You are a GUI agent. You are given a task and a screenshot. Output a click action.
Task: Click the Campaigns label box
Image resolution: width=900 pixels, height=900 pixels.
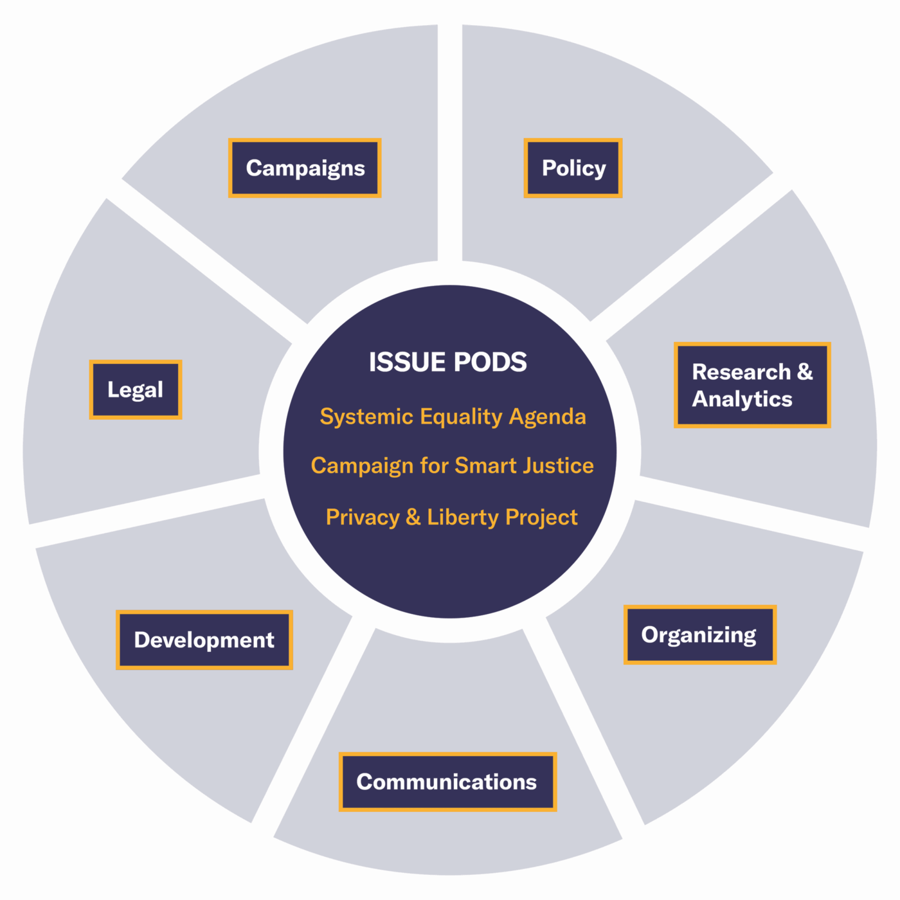(x=305, y=168)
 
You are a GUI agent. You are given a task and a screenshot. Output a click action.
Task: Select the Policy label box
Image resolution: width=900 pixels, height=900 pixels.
(x=573, y=168)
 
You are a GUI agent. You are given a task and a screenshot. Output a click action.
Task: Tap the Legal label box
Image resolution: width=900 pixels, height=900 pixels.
(x=136, y=390)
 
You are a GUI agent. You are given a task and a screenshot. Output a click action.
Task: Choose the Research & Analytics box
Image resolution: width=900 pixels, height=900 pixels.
(x=752, y=385)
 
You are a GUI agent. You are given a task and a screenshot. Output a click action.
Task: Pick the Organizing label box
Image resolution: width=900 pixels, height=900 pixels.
(x=699, y=634)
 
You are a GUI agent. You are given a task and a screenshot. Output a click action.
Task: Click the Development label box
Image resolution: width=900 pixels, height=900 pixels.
(x=204, y=640)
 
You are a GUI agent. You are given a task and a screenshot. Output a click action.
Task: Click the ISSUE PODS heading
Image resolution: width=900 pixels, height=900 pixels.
(x=447, y=362)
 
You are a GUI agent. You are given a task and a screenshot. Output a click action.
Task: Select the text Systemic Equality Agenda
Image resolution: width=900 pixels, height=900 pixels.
(x=453, y=417)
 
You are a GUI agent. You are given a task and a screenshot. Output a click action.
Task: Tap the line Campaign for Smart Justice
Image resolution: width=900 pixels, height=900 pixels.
(x=452, y=465)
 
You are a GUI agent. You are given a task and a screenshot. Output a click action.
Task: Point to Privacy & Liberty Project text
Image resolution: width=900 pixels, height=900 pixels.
(x=452, y=517)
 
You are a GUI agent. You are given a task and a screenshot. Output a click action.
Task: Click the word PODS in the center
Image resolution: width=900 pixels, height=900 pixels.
(x=490, y=362)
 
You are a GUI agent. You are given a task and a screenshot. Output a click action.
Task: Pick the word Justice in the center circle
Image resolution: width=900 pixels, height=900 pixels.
(x=558, y=465)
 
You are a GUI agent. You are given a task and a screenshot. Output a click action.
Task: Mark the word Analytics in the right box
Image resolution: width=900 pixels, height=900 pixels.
(x=742, y=399)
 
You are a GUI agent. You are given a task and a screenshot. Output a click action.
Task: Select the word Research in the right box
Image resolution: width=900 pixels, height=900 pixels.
(x=741, y=372)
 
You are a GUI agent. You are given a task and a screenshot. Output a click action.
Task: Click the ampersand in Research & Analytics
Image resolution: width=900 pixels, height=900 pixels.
(x=805, y=372)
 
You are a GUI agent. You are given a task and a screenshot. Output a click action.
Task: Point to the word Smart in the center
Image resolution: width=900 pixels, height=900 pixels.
(x=486, y=465)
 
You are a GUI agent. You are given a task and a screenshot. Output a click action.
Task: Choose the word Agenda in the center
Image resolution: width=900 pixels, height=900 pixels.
(x=547, y=417)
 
